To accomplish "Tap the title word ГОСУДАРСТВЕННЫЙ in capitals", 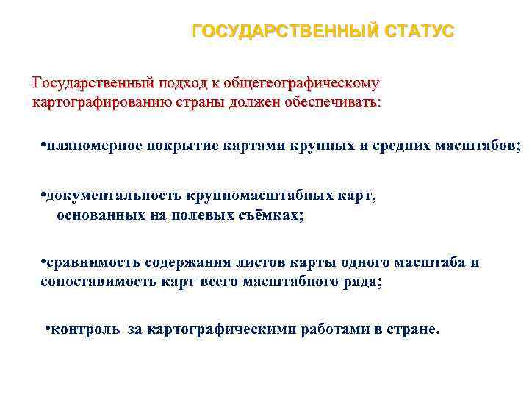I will [x=281, y=32].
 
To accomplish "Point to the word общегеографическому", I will [x=308, y=84].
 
